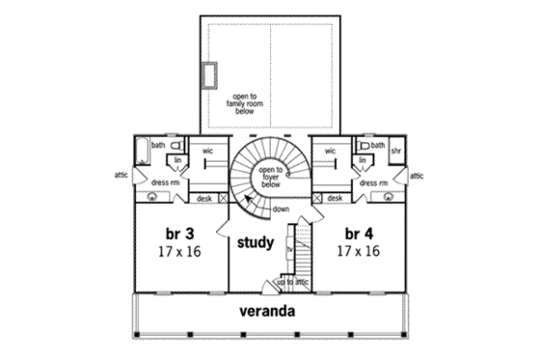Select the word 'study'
pyautogui.click(x=256, y=242)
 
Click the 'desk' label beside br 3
pyautogui.click(x=203, y=198)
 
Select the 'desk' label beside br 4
pyautogui.click(x=335, y=198)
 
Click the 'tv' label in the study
pyautogui.click(x=289, y=248)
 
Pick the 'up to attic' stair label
pyautogui.click(x=293, y=282)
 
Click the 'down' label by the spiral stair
pyautogui.click(x=282, y=209)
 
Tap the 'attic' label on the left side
pyautogui.click(x=121, y=176)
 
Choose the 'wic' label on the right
pyautogui.click(x=330, y=151)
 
